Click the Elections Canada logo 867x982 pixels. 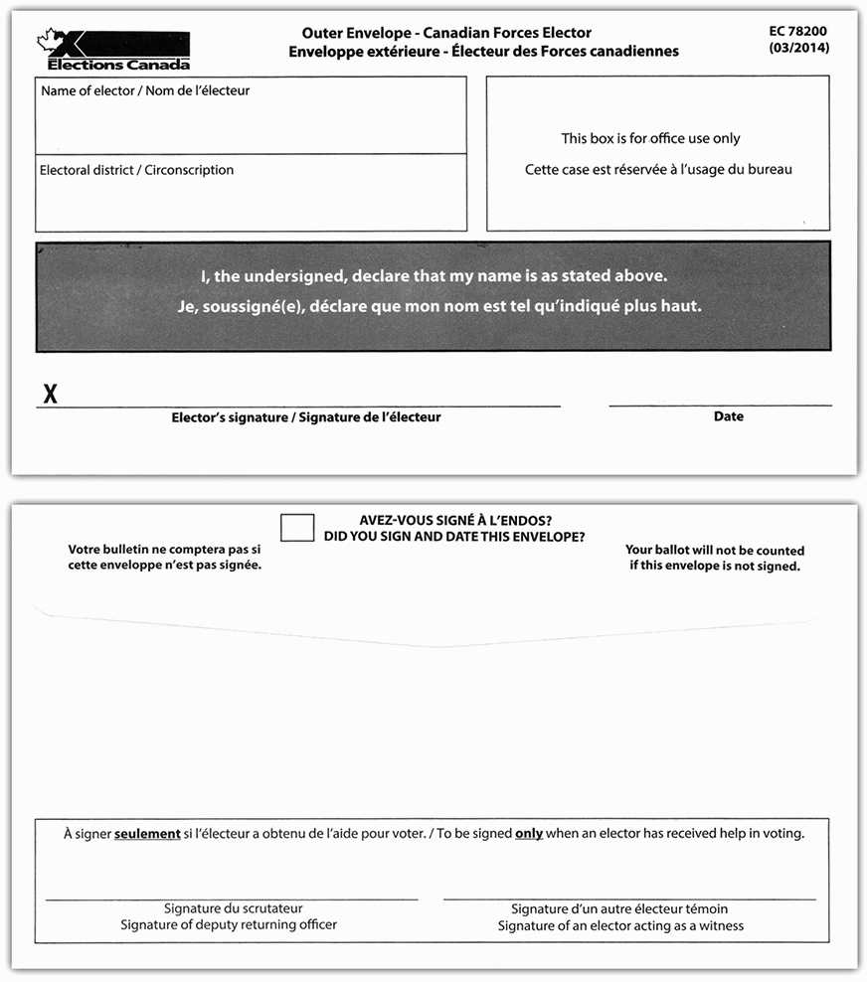(113, 51)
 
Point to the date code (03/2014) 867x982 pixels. (798, 48)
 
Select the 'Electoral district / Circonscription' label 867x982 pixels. (136, 170)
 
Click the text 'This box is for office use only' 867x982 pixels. (650, 138)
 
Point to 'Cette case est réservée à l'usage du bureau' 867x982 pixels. (658, 170)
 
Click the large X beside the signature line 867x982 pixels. (50, 395)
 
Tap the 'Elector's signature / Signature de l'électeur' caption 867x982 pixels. (305, 417)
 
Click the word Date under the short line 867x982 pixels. (728, 416)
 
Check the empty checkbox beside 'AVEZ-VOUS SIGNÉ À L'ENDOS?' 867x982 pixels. (297, 527)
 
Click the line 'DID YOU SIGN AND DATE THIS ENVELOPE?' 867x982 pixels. (454, 537)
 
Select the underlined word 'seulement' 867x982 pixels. (147, 834)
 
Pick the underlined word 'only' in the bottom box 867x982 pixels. (528, 834)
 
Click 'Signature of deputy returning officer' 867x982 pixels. (229, 924)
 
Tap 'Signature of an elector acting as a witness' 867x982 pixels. (620, 925)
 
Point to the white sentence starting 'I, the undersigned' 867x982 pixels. (433, 275)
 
